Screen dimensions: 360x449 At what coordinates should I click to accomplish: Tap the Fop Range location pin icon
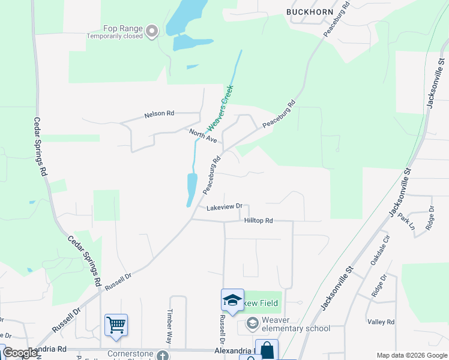pos(151,29)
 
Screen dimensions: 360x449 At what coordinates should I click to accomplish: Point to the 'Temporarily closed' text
pos(115,36)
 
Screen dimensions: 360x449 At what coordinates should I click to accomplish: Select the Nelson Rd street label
pos(159,113)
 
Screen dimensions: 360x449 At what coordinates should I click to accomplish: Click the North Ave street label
pos(202,136)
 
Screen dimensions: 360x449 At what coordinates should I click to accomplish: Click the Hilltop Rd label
pos(259,221)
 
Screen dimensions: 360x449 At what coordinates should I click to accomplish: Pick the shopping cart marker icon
pos(116,325)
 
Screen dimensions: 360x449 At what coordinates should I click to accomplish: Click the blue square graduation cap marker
pos(232,300)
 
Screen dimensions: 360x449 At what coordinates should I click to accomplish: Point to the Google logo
pos(20,353)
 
